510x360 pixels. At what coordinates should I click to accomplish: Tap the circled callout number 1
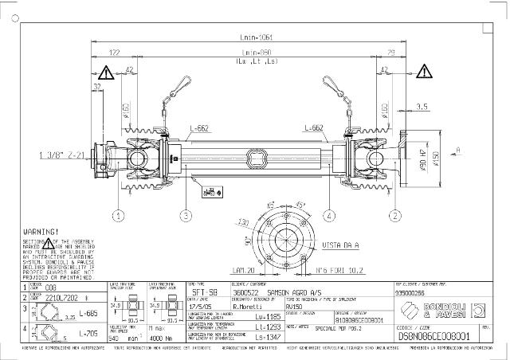click(x=118, y=215)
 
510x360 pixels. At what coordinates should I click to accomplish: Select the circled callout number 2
click(x=394, y=215)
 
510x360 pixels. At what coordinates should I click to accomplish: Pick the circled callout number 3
click(x=185, y=215)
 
